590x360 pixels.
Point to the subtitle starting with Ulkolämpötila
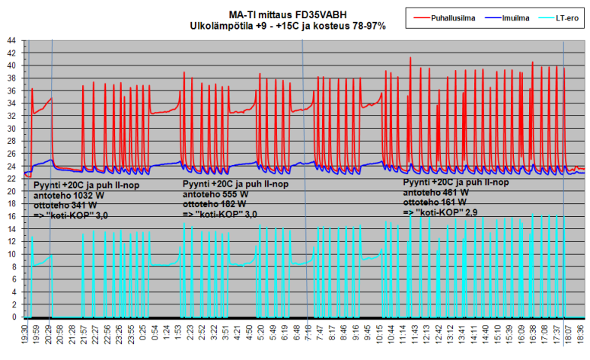point(288,26)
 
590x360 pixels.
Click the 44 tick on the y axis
point(11,40)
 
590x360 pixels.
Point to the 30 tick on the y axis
point(11,128)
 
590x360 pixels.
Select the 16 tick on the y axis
point(11,216)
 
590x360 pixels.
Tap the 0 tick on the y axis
point(13,317)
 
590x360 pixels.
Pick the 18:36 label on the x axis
point(581,335)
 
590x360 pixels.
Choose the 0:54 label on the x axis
point(156,335)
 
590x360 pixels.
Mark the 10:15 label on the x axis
point(375,335)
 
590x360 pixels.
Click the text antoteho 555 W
point(218,194)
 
